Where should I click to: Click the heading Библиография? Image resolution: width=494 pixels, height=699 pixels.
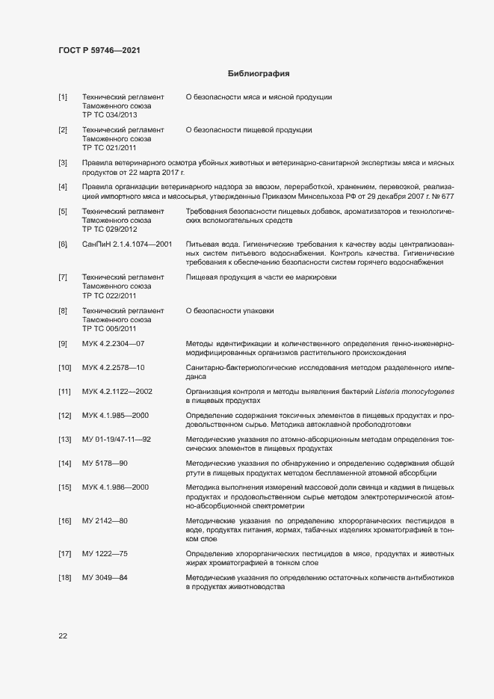tap(258, 74)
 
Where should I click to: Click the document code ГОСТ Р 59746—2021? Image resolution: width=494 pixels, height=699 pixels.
tap(99, 50)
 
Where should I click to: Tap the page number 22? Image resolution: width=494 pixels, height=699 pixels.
tap(63, 635)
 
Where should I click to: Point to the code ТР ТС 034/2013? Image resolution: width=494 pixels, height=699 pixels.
tap(109, 115)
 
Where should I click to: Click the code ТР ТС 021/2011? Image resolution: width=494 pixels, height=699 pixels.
tap(109, 148)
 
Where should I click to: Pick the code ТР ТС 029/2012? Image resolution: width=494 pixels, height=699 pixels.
tap(109, 230)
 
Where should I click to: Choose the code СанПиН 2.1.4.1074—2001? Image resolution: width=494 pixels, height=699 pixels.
tap(127, 244)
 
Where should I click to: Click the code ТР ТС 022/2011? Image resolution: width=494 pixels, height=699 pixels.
tap(109, 295)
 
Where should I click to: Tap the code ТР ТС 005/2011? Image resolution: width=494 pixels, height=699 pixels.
tap(109, 328)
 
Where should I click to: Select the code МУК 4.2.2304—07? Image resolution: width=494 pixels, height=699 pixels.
tap(113, 343)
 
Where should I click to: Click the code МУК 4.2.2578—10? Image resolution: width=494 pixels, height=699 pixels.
tap(113, 368)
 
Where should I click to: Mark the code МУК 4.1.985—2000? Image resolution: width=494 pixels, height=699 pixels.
tap(116, 415)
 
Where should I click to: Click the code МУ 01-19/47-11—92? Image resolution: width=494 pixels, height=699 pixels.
tap(117, 439)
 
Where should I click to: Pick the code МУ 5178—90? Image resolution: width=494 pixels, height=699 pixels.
tap(105, 464)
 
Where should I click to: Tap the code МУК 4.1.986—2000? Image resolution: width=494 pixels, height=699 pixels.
tap(116, 487)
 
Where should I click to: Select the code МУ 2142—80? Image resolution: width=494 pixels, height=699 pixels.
tap(105, 520)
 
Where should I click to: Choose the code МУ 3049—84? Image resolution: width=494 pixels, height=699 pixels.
tap(105, 579)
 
